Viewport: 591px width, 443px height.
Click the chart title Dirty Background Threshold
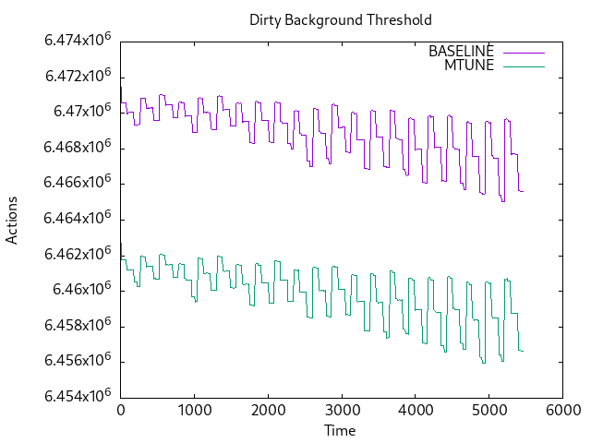point(340,19)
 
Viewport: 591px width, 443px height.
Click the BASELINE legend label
point(461,52)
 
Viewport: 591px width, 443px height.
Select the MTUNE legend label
point(469,66)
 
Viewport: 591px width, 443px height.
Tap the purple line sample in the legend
point(523,52)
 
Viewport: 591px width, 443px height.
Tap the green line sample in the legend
point(523,66)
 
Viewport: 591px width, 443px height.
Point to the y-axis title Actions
point(12,220)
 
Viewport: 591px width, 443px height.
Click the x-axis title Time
point(340,430)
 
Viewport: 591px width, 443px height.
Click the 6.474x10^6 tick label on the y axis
point(78,41)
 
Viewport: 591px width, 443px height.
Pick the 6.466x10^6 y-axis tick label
point(78,183)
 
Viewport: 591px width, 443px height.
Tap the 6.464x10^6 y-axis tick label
point(78,219)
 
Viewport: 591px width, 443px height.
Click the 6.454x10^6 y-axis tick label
point(78,397)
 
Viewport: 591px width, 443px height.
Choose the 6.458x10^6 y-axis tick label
point(78,326)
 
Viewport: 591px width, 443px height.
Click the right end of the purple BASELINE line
point(523,191)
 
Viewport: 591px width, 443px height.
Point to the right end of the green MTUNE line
point(523,351)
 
